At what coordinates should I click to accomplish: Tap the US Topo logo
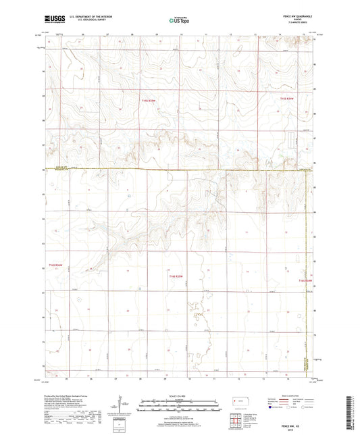point(180,21)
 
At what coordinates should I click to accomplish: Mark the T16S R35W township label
point(177,277)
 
